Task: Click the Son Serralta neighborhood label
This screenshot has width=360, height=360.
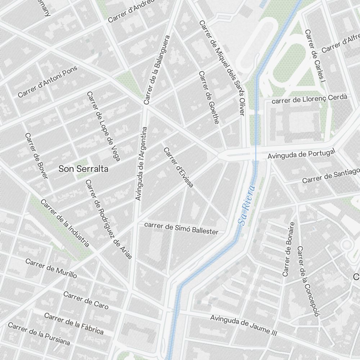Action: point(83,168)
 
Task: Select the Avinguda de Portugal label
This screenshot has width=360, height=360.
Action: point(301,154)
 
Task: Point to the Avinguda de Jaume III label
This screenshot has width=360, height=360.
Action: point(241,325)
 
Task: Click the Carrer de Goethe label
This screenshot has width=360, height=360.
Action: point(209,97)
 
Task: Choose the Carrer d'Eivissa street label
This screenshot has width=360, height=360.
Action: point(179,167)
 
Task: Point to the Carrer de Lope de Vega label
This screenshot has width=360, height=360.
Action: point(103,126)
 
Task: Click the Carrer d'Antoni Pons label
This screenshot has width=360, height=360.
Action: point(48,84)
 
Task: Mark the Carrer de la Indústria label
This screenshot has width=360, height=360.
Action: point(65,223)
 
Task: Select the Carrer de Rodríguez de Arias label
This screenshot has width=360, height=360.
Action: point(108,219)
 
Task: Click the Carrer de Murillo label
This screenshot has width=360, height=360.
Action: point(51,268)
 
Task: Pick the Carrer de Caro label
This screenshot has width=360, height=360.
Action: point(86,300)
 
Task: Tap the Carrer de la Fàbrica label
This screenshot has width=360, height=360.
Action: point(74,323)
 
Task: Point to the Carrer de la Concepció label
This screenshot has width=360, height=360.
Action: point(308,281)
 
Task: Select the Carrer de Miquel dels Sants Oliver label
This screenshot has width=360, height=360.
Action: point(221,68)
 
